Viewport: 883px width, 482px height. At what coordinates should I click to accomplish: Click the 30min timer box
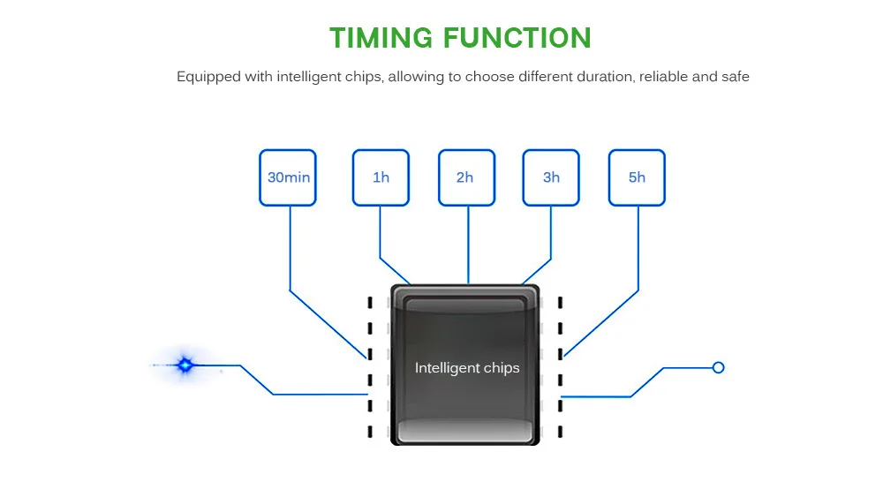pos(288,177)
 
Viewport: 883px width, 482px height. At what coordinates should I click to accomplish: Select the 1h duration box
pos(381,177)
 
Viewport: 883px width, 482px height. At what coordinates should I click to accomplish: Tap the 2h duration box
pos(467,177)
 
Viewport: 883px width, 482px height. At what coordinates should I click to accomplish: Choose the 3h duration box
pos(551,177)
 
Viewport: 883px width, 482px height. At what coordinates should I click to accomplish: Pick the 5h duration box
pos(637,177)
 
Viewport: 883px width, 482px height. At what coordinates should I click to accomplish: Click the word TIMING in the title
pos(381,38)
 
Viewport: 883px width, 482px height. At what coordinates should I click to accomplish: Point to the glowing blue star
pos(185,365)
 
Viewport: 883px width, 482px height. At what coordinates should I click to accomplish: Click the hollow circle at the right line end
pos(718,368)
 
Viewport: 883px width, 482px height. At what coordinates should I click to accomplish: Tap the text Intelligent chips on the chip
pos(467,368)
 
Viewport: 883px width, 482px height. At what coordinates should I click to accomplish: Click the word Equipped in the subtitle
pos(208,77)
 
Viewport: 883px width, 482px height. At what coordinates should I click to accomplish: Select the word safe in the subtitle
pos(735,77)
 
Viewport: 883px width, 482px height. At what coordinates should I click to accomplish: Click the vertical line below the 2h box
pos(468,245)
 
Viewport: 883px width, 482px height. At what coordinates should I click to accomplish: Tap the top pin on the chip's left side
pos(370,303)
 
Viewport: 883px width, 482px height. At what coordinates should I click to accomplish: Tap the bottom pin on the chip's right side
pos(560,432)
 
